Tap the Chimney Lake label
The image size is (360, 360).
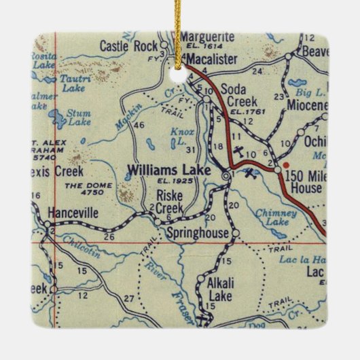pyautogui.click(x=276, y=218)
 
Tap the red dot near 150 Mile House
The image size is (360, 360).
pyautogui.click(x=286, y=164)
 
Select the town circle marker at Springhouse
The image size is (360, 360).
pyautogui.click(x=236, y=234)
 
